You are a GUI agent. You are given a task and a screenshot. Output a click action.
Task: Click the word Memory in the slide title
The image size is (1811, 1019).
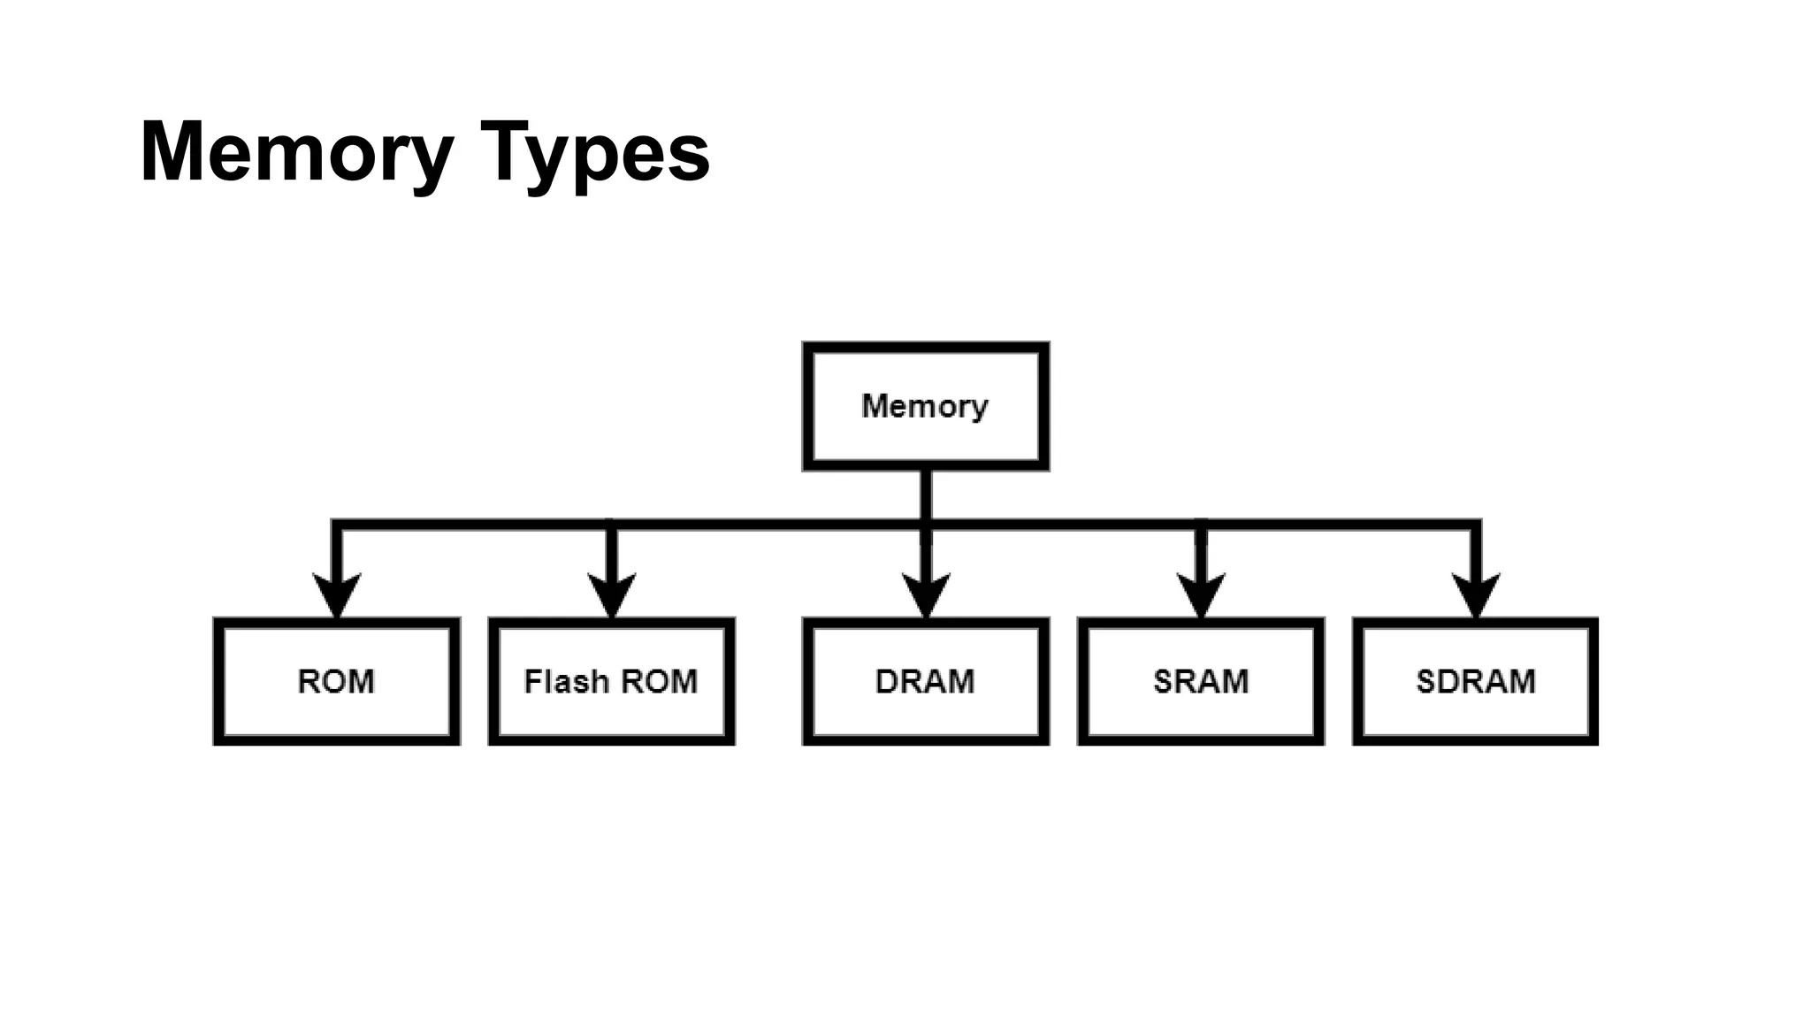[296, 152]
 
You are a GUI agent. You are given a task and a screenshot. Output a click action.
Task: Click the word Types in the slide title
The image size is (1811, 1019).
[594, 152]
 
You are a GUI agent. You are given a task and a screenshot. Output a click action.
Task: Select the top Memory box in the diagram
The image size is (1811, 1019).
[925, 406]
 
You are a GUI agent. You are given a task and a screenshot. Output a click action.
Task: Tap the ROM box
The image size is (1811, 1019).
[336, 681]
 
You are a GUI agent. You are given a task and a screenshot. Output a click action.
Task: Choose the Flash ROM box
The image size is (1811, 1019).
[611, 681]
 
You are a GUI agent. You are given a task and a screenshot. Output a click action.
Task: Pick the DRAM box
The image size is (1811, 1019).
[925, 681]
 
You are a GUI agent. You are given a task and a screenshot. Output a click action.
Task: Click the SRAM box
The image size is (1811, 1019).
[1200, 681]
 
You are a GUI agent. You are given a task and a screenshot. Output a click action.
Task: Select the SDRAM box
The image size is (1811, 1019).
[1475, 681]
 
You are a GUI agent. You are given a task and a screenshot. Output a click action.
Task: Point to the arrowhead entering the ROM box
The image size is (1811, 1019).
[336, 594]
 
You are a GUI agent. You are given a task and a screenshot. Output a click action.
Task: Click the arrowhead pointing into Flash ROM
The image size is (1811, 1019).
[611, 594]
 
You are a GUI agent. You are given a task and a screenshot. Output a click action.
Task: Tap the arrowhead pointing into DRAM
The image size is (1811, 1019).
[925, 594]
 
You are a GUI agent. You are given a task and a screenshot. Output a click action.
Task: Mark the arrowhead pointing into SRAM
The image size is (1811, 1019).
[1200, 594]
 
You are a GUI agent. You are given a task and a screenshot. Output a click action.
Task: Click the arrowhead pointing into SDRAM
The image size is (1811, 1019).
[1475, 594]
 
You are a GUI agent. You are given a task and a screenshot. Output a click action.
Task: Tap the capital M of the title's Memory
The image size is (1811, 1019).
[175, 152]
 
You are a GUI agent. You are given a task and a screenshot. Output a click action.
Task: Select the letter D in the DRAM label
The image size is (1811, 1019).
[886, 681]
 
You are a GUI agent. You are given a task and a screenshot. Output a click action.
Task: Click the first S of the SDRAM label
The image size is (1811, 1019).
[1425, 681]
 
